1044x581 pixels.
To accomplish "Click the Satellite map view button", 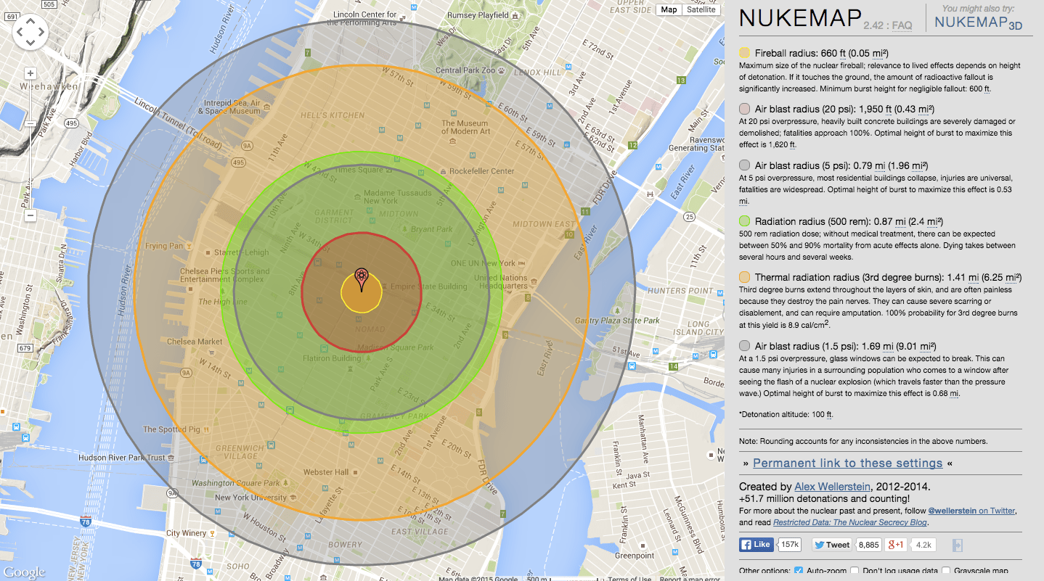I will [701, 9].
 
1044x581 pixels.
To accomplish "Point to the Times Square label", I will [358, 170].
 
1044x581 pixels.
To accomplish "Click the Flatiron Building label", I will [332, 358].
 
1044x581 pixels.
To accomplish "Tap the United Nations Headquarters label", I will [501, 281].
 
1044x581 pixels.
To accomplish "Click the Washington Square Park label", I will [235, 483].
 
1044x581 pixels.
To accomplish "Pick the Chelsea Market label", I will [195, 341].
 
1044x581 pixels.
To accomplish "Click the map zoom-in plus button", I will [30, 73].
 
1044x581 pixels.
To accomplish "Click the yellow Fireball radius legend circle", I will [745, 53].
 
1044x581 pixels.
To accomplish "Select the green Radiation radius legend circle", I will [745, 221].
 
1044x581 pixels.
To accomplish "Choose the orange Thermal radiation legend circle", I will [745, 277].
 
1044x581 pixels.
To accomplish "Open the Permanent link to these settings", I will [847, 463].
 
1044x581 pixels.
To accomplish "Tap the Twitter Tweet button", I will [831, 545].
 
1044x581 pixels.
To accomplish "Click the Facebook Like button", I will [756, 545].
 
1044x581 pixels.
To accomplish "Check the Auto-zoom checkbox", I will [799, 571].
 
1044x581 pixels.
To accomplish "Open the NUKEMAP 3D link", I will [978, 22].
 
